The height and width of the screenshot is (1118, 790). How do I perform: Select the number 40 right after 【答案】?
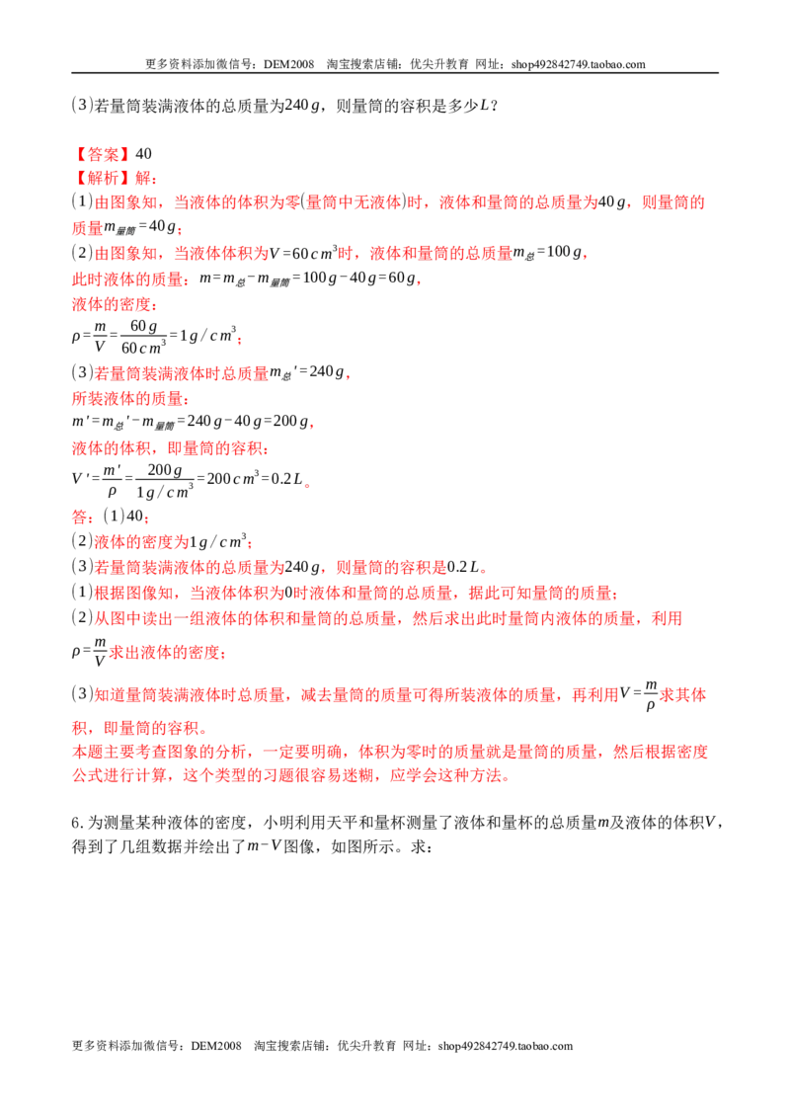(143, 154)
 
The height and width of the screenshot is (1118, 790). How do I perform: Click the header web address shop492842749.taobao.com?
(579, 64)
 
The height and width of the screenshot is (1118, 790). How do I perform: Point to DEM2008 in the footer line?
(216, 1046)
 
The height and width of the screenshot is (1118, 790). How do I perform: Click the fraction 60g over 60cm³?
(143, 337)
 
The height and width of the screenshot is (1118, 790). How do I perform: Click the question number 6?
(77, 823)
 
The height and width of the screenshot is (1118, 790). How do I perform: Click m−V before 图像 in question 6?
(264, 847)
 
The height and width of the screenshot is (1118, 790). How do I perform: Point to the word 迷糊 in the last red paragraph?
(357, 775)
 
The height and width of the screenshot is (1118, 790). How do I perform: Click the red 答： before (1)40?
(83, 517)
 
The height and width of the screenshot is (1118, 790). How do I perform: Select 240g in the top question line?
(301, 106)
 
